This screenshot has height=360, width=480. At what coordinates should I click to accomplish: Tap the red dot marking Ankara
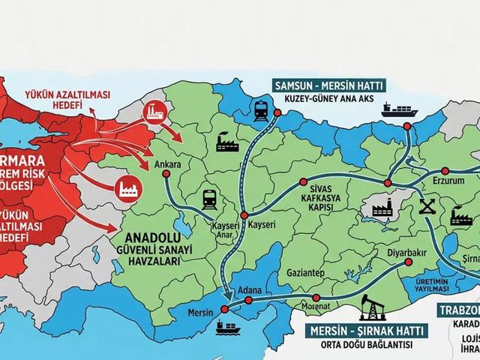[164, 174]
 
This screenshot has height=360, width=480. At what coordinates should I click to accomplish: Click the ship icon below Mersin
[225, 327]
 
